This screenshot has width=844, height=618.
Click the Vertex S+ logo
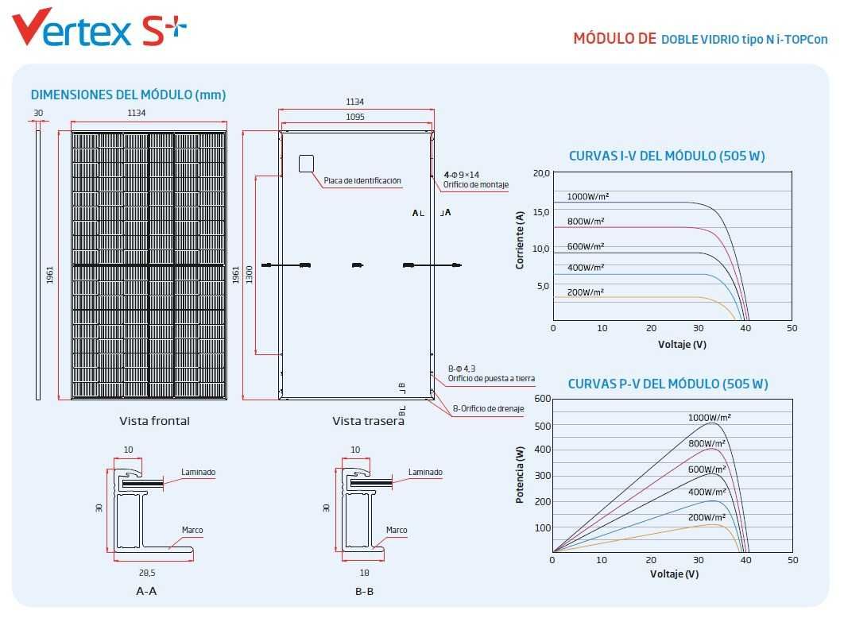pyautogui.click(x=99, y=27)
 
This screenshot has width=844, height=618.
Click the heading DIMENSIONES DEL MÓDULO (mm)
pyautogui.click(x=128, y=95)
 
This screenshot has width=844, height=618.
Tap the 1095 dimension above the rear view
pyautogui.click(x=355, y=117)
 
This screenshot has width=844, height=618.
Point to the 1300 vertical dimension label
pyautogui.click(x=250, y=275)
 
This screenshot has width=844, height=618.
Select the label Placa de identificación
pyautogui.click(x=362, y=181)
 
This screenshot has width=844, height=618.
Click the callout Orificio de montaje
pyautogui.click(x=476, y=184)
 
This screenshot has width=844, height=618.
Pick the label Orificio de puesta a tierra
pyautogui.click(x=491, y=378)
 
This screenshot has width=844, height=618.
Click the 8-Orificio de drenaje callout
pyautogui.click(x=488, y=408)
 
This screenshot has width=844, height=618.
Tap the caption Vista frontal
pyautogui.click(x=154, y=421)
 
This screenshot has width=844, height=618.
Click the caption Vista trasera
pyautogui.click(x=368, y=421)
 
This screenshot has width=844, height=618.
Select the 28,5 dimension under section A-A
pyautogui.click(x=147, y=573)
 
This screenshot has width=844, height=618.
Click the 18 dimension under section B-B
pyautogui.click(x=365, y=573)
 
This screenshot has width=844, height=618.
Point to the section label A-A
pyautogui.click(x=146, y=591)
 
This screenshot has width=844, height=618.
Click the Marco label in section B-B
pyautogui.click(x=397, y=530)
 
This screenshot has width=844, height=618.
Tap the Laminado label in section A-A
pyautogui.click(x=198, y=472)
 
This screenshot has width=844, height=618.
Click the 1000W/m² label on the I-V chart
pyautogui.click(x=588, y=196)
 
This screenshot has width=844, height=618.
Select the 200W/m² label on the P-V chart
pyautogui.click(x=707, y=517)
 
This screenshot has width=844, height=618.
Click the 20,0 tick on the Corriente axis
pyautogui.click(x=541, y=173)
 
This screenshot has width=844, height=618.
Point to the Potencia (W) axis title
pyautogui.click(x=520, y=475)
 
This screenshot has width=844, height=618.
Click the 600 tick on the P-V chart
pyautogui.click(x=543, y=399)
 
